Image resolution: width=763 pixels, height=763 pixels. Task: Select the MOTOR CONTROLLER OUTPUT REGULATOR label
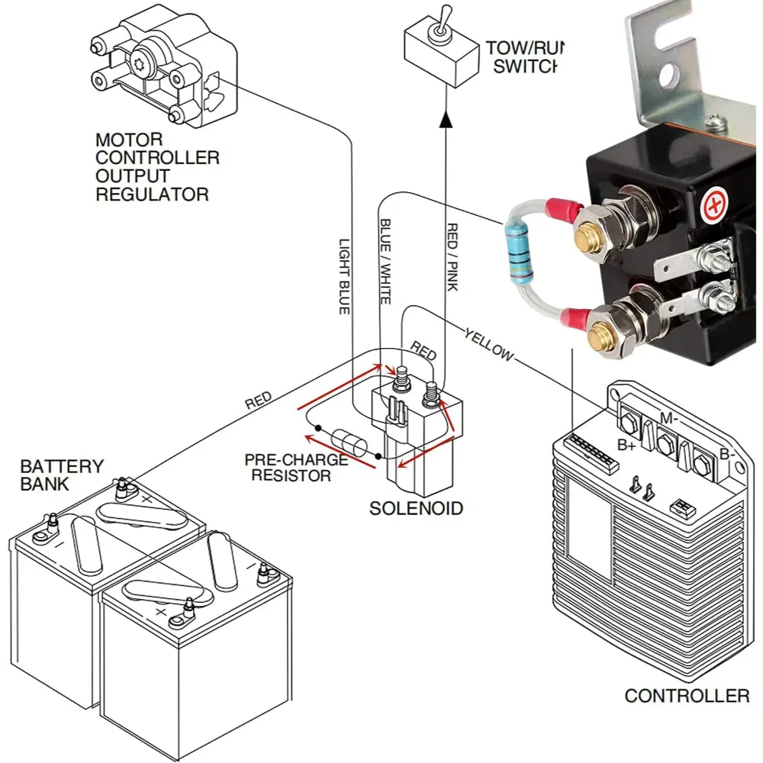(x=156, y=167)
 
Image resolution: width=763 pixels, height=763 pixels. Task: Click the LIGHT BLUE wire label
(x=344, y=275)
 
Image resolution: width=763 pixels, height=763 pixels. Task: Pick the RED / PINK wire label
(x=452, y=258)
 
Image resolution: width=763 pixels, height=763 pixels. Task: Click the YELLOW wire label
(x=489, y=344)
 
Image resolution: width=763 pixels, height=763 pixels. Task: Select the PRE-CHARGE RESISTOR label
(x=295, y=468)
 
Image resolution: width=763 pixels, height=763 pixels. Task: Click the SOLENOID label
(x=416, y=508)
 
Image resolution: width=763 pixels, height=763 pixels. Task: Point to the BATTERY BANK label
(x=61, y=475)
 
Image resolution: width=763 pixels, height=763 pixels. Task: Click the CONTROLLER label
(x=687, y=696)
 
